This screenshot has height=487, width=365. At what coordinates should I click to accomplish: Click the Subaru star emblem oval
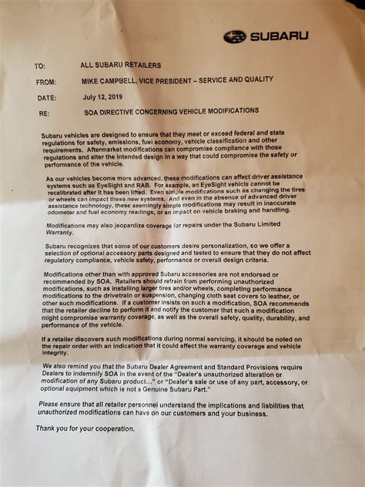tap(234, 37)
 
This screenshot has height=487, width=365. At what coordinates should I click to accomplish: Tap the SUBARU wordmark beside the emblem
tap(279, 36)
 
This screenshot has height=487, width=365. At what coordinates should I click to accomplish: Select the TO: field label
tap(40, 66)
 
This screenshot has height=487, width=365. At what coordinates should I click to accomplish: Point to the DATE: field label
tap(45, 99)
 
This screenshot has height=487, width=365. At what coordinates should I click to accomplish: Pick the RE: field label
tap(40, 114)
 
